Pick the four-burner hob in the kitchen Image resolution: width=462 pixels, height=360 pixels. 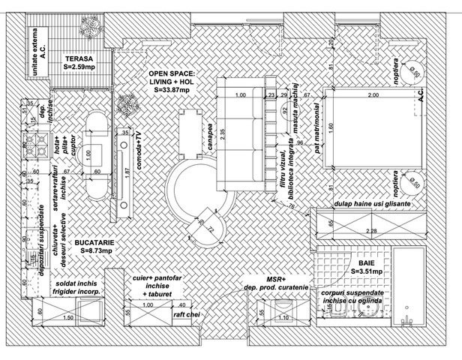coord(34,148)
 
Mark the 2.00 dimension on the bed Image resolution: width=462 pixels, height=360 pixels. coord(373,97)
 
